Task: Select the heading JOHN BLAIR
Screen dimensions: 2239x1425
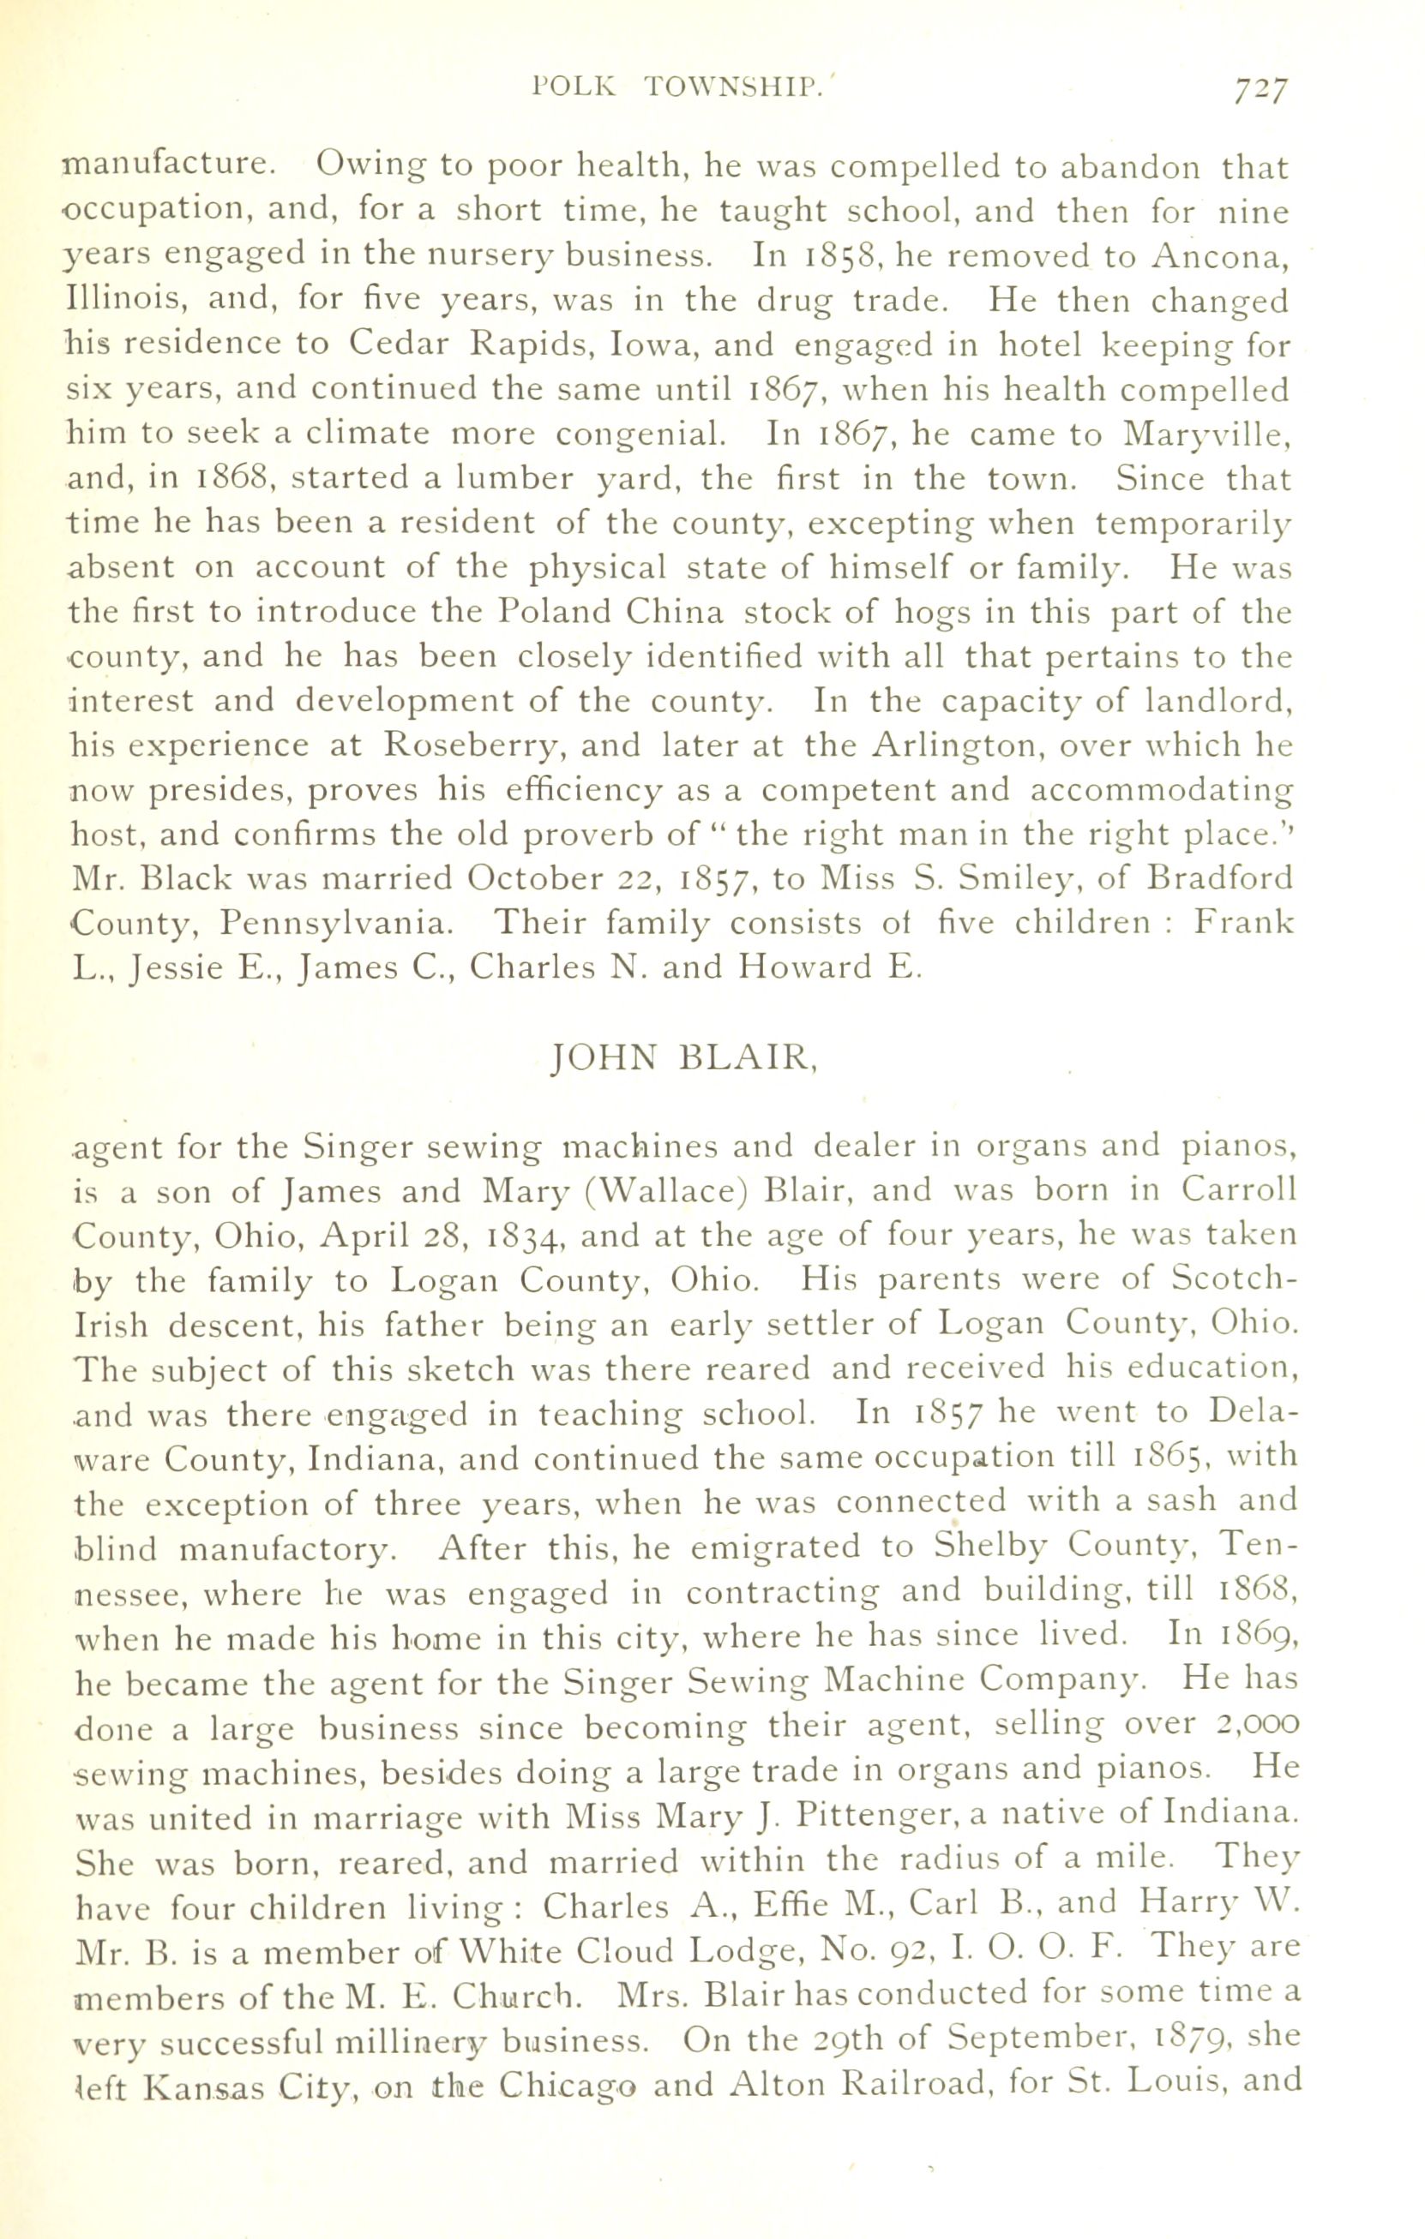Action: pyautogui.click(x=683, y=1059)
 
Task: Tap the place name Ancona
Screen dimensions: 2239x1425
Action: pyautogui.click(x=1218, y=256)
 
